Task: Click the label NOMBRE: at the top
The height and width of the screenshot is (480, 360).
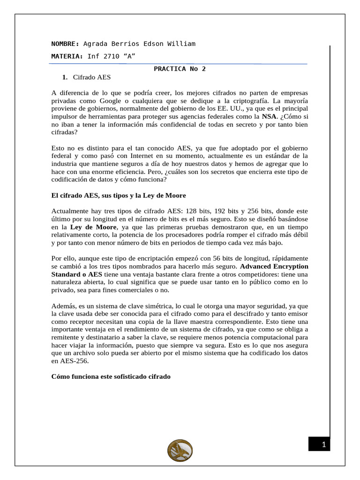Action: [65, 44]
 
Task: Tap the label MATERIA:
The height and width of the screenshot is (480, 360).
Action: [67, 56]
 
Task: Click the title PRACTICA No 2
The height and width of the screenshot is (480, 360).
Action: [180, 69]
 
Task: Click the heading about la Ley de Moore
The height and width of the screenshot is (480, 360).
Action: [119, 195]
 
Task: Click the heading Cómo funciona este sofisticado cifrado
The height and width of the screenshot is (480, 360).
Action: [111, 377]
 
